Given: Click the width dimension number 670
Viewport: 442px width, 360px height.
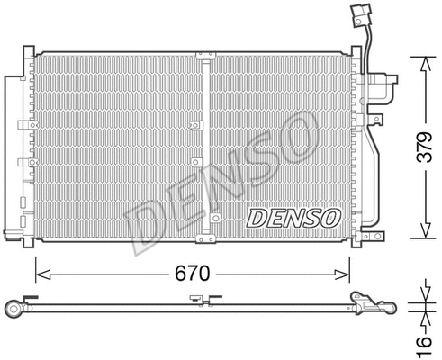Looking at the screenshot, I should (190, 269).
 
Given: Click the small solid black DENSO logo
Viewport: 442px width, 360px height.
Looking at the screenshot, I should (293, 218).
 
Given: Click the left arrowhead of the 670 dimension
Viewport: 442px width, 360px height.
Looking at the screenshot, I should (39, 269).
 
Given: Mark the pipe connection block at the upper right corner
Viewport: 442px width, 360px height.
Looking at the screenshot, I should (383, 90).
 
